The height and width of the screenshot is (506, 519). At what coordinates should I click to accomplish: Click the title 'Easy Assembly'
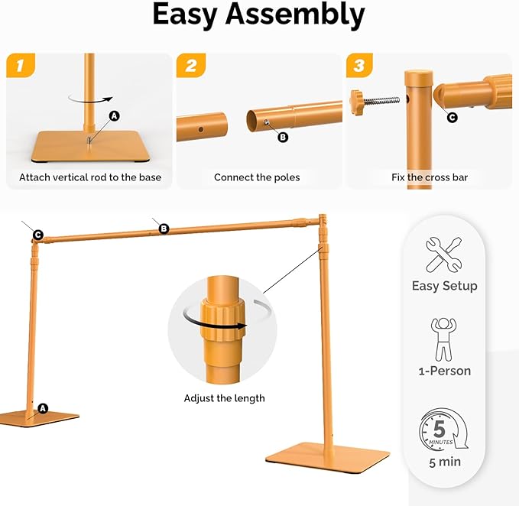click(258, 15)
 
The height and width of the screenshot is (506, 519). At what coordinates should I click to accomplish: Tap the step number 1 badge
click(21, 67)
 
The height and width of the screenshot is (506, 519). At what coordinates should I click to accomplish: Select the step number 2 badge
click(191, 67)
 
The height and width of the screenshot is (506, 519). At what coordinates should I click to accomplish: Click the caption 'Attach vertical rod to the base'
click(90, 177)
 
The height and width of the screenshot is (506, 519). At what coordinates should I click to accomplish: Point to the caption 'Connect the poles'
click(257, 177)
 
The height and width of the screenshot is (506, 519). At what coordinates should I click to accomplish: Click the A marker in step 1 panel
click(115, 116)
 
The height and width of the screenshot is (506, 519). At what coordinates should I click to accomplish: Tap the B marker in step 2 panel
click(282, 138)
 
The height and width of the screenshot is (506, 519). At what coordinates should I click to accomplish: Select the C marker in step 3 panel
click(452, 117)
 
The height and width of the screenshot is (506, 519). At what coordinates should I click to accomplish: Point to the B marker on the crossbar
click(163, 228)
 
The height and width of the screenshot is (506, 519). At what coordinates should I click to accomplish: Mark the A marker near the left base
click(43, 408)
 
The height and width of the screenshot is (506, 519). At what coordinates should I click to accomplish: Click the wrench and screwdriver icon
click(444, 253)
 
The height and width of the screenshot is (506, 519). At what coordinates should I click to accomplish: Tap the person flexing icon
click(444, 339)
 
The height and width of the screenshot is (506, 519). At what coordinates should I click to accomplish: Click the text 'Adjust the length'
click(224, 398)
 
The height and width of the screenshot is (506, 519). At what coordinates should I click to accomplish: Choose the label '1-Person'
click(444, 371)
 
